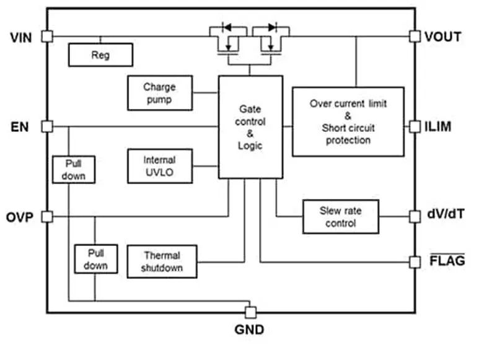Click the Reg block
coord(100,55)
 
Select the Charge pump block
coord(159,93)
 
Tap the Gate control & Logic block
coord(250,126)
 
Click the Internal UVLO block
coord(159,166)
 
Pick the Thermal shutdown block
coord(162,261)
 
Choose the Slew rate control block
coord(340,216)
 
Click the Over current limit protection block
coord(348,122)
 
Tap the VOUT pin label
coord(442,37)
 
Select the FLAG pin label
coord(447,261)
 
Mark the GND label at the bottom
coord(249,330)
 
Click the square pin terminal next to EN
coord(46,126)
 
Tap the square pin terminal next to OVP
coord(46,217)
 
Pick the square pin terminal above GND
coord(250,311)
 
